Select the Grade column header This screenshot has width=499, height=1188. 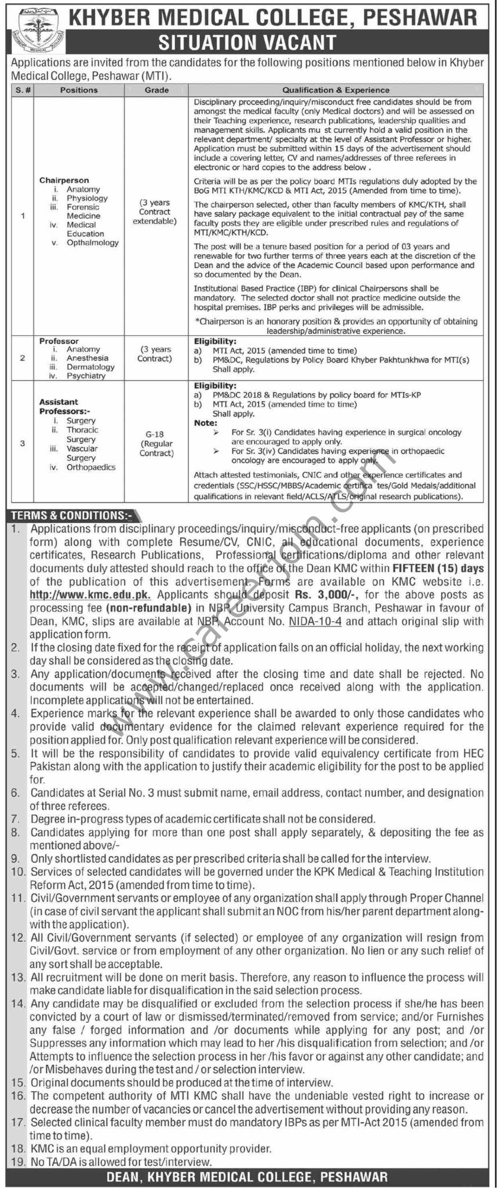(157, 90)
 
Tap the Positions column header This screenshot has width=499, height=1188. (79, 90)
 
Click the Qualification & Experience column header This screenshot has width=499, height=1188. (336, 90)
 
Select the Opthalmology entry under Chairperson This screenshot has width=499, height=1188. (92, 242)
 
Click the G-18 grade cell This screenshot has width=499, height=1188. (156, 434)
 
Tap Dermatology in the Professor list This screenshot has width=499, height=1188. (90, 367)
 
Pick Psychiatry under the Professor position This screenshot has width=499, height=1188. (86, 376)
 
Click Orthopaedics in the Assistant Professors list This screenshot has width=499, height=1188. (91, 467)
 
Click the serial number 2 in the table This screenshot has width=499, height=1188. (23, 358)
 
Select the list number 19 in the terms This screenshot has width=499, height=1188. (18, 1157)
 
